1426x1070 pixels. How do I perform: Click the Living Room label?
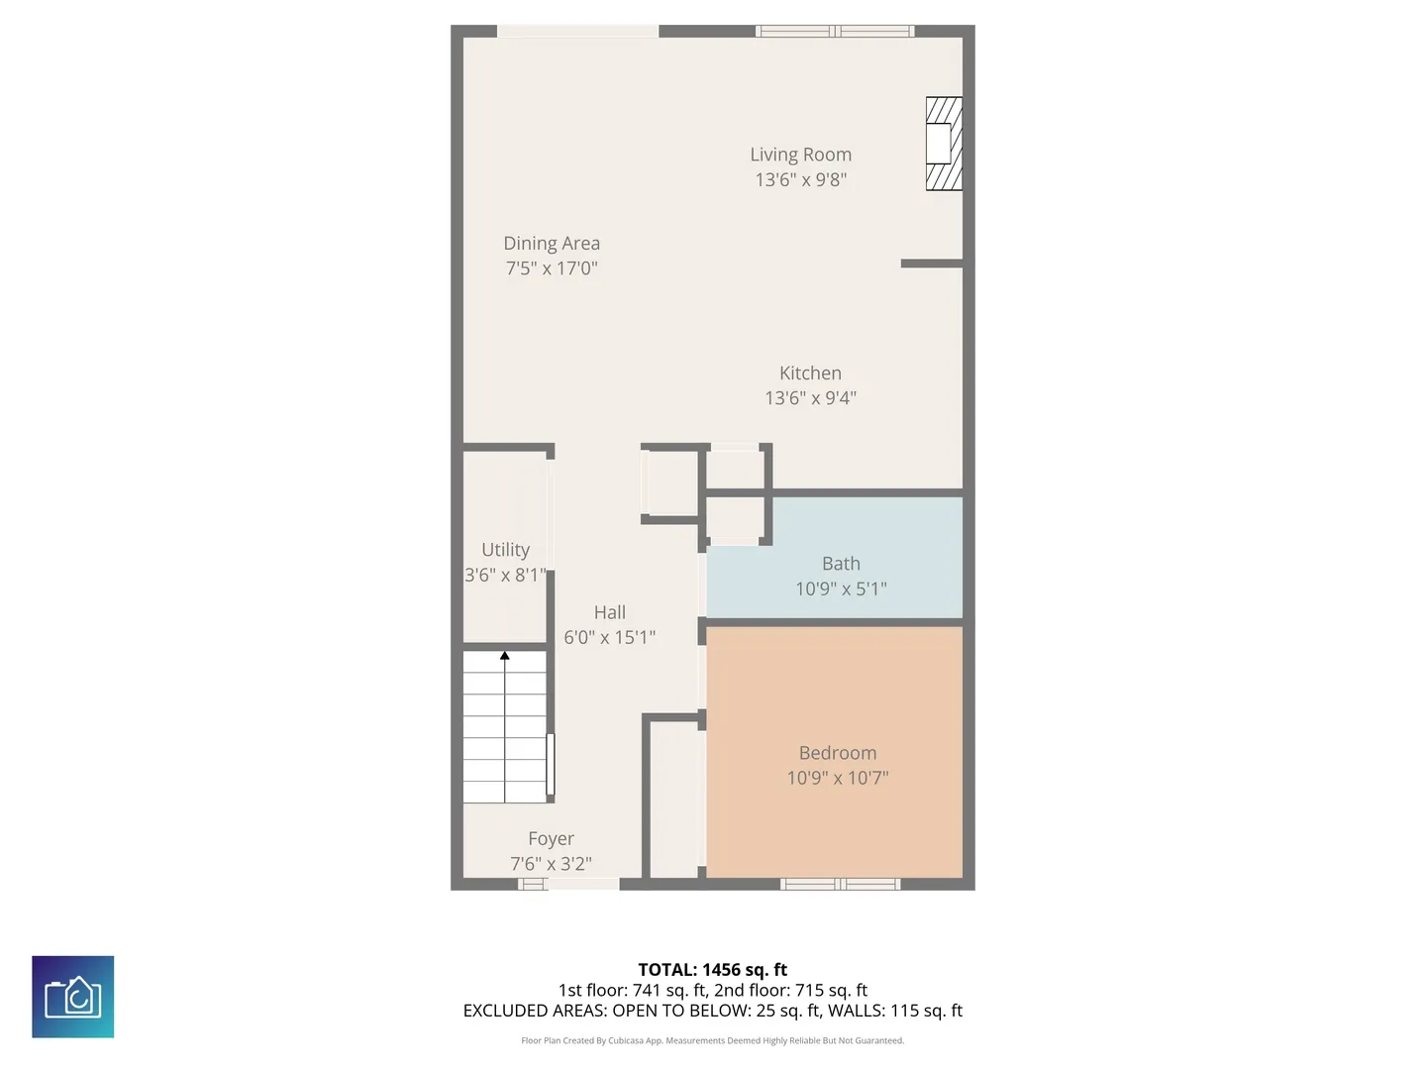800,155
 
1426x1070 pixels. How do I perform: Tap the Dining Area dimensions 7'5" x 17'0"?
552,267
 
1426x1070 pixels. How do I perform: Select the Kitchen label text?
810,373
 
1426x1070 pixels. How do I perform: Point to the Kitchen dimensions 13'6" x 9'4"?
810,397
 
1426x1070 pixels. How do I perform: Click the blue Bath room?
834,558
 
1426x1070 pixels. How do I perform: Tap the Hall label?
609,612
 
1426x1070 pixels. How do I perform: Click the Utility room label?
505,550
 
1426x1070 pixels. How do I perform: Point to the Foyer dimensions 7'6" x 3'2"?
551,863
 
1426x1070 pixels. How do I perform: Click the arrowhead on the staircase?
505,656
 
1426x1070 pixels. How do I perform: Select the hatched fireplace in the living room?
944,144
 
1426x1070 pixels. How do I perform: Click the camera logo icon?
72,997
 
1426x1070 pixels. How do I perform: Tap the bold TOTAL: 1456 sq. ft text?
713,970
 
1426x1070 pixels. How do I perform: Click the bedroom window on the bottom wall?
840,884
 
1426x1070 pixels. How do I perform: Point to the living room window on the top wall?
835,31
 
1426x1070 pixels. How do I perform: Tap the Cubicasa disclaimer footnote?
713,1040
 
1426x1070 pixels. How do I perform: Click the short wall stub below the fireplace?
932,264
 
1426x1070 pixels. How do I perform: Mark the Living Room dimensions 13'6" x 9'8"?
800,179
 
